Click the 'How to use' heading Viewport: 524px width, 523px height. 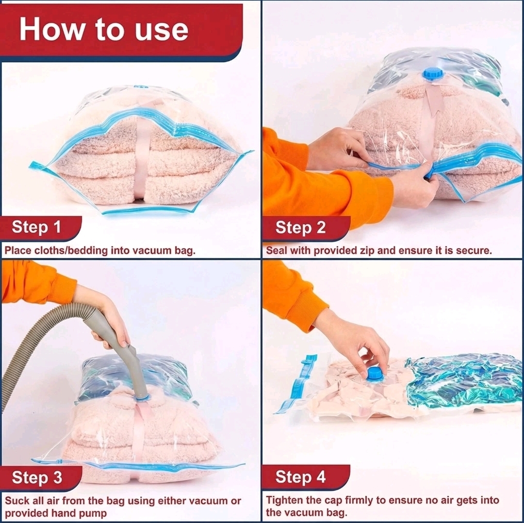[x=104, y=29]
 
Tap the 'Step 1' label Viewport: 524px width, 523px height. [x=36, y=227]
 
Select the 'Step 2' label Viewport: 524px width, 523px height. [x=300, y=227]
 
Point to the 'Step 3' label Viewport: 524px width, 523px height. [x=37, y=477]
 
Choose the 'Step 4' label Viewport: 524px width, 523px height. [x=300, y=477]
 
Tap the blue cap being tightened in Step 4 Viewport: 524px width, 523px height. [x=375, y=373]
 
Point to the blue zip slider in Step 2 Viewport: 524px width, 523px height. [x=429, y=171]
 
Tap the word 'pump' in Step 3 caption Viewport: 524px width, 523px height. [x=94, y=513]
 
